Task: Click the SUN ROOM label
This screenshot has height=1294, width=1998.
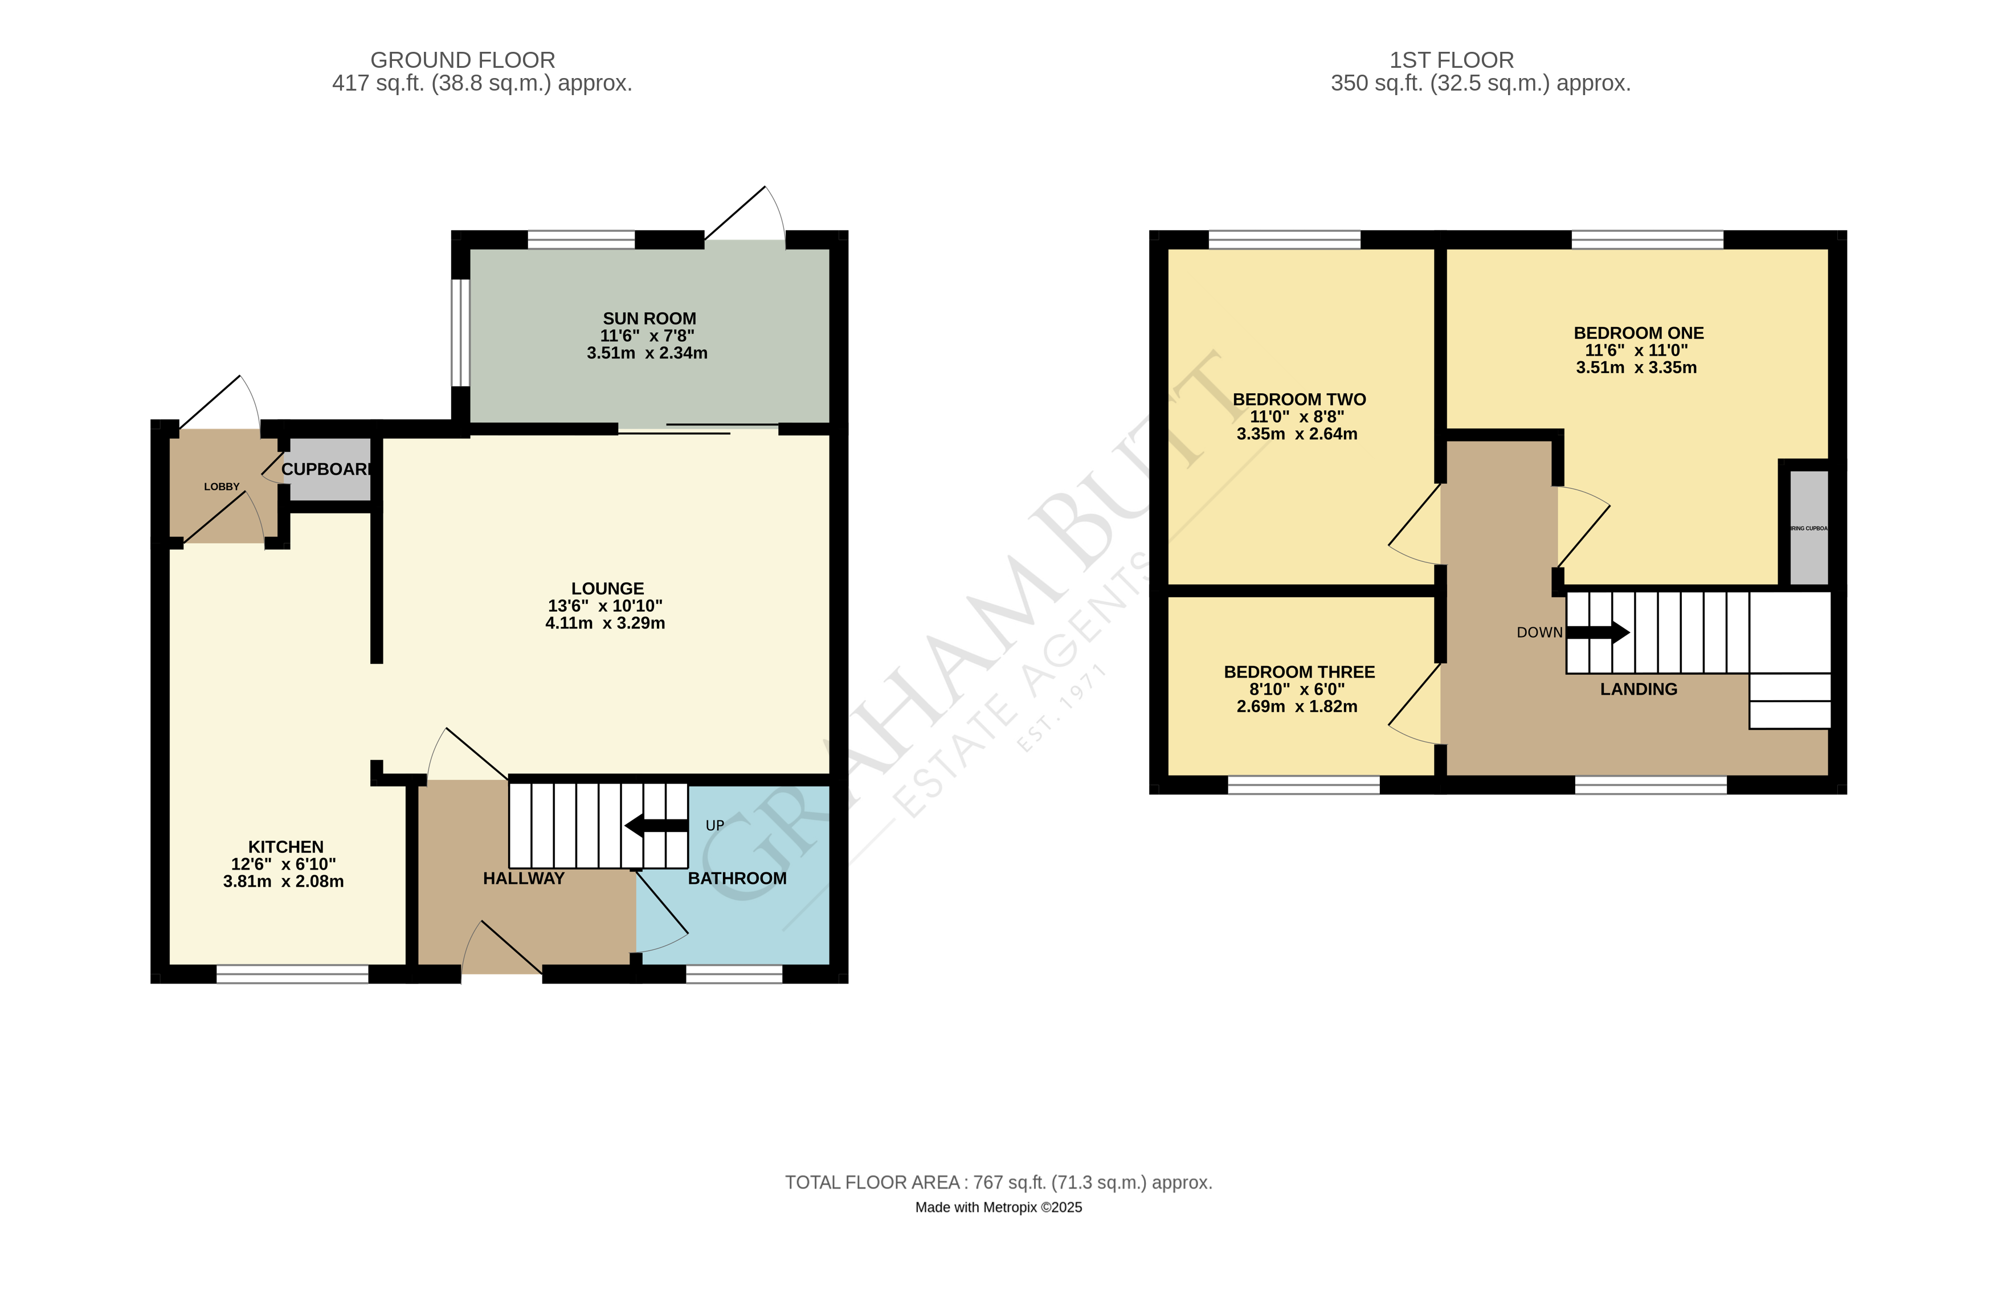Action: (x=649, y=319)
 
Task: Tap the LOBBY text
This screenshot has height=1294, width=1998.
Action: (x=222, y=486)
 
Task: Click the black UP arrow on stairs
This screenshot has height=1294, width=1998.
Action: (x=656, y=826)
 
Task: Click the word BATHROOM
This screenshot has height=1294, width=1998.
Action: (x=737, y=879)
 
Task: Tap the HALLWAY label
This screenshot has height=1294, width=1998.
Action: (x=524, y=879)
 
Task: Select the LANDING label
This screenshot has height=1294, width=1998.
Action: (x=1638, y=689)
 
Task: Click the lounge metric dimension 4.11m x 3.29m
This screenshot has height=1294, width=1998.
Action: (x=604, y=623)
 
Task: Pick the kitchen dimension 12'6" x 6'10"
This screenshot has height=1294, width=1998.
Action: (x=284, y=864)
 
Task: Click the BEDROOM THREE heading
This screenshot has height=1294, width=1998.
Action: (x=1299, y=672)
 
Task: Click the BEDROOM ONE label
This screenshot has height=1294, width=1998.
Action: (x=1638, y=333)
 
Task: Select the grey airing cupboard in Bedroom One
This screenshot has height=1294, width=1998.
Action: (x=1808, y=527)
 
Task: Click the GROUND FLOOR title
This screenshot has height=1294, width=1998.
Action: (x=463, y=60)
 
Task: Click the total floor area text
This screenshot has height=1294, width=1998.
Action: (x=998, y=1182)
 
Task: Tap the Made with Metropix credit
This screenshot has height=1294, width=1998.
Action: (x=998, y=1207)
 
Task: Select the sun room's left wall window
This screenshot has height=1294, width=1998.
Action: (x=460, y=333)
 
